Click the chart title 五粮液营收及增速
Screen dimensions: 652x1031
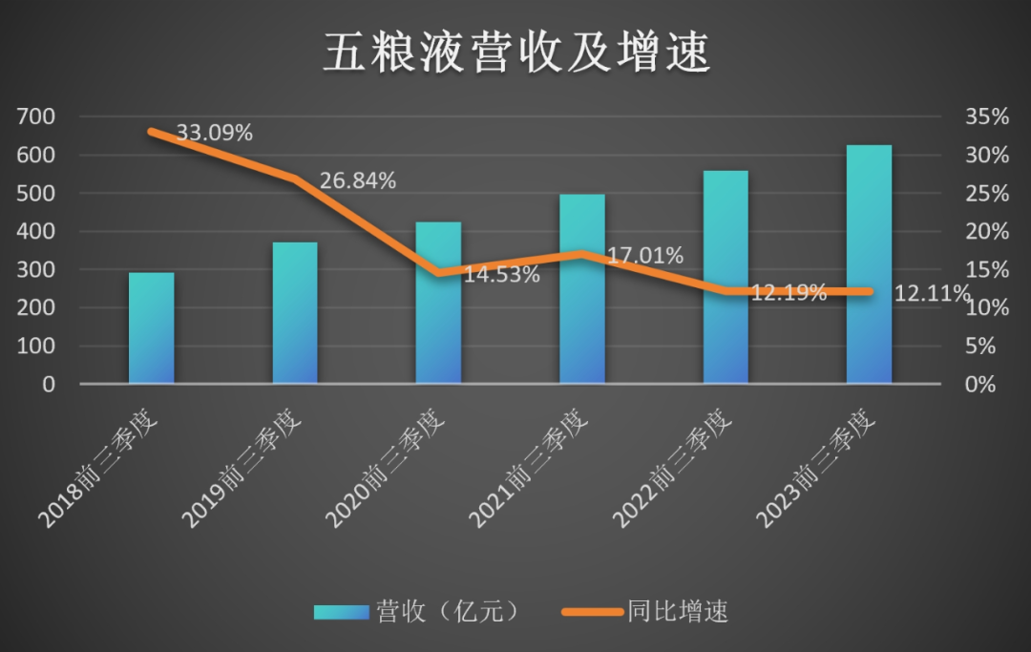pyautogui.click(x=515, y=53)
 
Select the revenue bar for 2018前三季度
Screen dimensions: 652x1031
pyautogui.click(x=152, y=328)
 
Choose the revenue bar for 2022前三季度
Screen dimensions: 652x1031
pyautogui.click(x=726, y=277)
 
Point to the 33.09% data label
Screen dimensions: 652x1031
pyautogui.click(x=215, y=133)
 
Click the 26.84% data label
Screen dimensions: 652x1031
pyautogui.click(x=358, y=180)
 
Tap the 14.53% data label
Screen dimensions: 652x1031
pyautogui.click(x=502, y=275)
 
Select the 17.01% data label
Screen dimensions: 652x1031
pyautogui.click(x=645, y=256)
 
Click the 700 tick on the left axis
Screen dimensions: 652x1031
pyautogui.click(x=37, y=117)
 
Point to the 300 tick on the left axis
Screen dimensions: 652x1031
pyautogui.click(x=37, y=270)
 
